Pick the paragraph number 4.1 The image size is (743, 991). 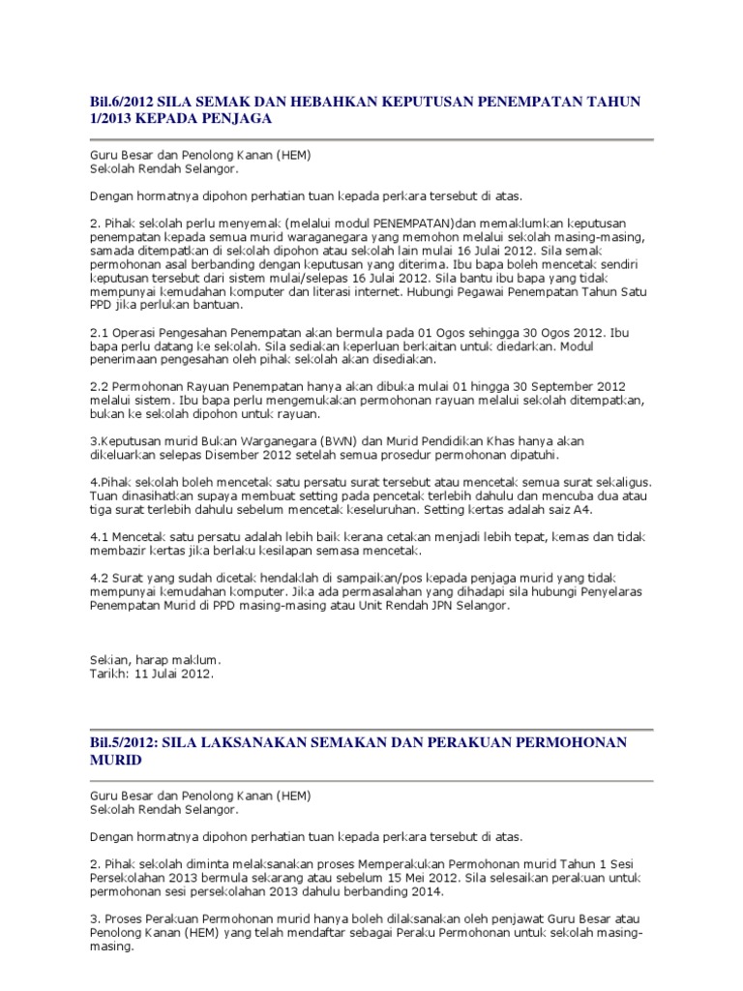[101, 536]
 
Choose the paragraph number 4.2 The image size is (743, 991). [101, 578]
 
